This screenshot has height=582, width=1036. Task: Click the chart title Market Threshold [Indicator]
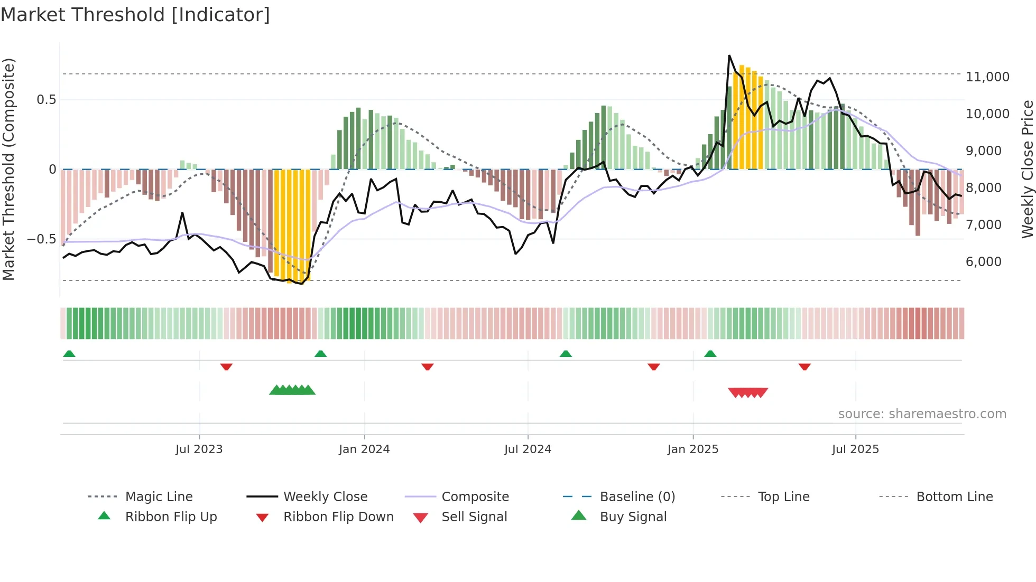click(135, 15)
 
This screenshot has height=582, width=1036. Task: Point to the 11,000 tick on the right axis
click(987, 77)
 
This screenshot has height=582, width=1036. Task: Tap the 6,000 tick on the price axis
click(983, 262)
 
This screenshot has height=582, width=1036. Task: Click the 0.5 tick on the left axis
click(46, 100)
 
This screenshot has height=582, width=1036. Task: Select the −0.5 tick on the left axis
click(41, 239)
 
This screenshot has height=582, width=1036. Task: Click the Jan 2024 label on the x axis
click(364, 449)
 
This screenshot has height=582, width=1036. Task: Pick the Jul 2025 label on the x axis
click(855, 449)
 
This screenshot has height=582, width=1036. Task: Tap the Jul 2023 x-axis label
click(199, 449)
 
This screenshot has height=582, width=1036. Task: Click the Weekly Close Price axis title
click(1027, 169)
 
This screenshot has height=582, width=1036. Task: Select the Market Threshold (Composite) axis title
click(8, 169)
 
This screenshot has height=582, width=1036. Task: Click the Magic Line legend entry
click(159, 497)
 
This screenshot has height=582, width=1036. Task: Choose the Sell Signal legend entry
click(474, 517)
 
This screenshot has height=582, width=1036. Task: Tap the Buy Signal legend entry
click(633, 517)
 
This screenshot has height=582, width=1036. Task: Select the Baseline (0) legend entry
click(637, 497)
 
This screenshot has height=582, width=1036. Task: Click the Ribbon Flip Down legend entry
click(338, 517)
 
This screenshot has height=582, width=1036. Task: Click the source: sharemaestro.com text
click(922, 414)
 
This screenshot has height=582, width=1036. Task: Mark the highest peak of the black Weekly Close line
click(729, 55)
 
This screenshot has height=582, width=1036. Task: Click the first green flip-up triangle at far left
click(69, 354)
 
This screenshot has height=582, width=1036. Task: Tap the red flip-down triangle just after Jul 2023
click(226, 367)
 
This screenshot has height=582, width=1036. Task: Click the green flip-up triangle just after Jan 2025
click(710, 354)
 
